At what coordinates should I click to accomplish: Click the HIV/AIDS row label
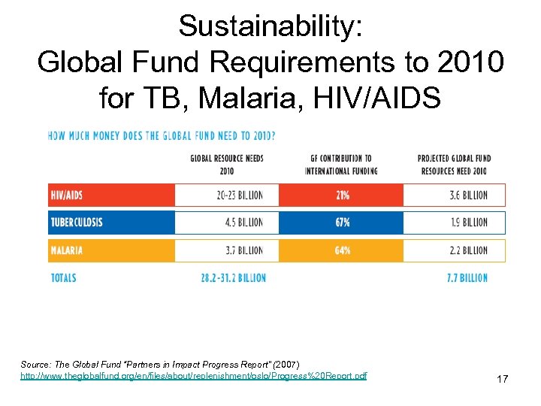pos(67,195)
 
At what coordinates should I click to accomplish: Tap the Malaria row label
pos(67,250)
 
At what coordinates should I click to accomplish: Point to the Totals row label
pos(63,278)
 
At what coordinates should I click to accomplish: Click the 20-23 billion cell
pos(239,195)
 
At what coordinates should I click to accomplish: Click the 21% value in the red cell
pos(342,195)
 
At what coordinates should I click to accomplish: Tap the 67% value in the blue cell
pos(342,223)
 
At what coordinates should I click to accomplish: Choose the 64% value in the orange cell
pos(342,250)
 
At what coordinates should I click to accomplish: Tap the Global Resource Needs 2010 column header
pos(226,164)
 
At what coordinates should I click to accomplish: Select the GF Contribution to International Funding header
pos(341,164)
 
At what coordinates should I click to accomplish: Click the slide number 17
pos(502,380)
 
